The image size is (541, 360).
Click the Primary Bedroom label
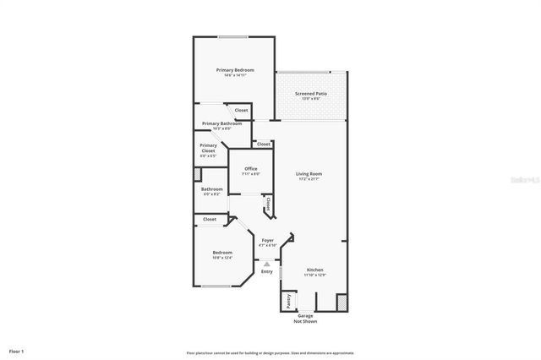click(x=235, y=69)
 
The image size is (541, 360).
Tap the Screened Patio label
click(x=311, y=93)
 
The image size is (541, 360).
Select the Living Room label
click(x=310, y=174)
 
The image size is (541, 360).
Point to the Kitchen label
click(x=314, y=270)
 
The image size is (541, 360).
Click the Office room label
click(x=251, y=168)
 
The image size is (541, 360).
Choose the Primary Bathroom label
click(x=221, y=123)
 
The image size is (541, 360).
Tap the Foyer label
click(x=267, y=240)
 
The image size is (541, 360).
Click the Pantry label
click(x=287, y=299)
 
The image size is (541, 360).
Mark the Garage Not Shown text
click(x=304, y=318)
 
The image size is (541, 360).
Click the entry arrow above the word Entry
click(x=267, y=264)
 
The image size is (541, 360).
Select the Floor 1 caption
click(x=17, y=350)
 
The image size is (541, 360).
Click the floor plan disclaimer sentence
click(x=270, y=352)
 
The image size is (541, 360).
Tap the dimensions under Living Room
click(x=310, y=179)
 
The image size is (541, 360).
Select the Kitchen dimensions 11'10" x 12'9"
click(x=314, y=275)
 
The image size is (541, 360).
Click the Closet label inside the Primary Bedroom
click(x=242, y=110)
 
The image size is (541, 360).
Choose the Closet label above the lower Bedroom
click(x=210, y=219)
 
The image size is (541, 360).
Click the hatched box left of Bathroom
click(x=197, y=174)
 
